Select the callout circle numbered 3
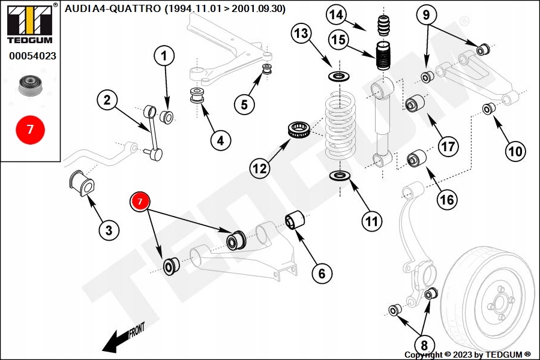tap(109, 229)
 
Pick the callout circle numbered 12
tap(259, 169)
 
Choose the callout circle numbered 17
tap(448, 145)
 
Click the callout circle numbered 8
tap(424, 345)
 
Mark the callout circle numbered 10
tap(515, 151)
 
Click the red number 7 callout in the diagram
tap(140, 202)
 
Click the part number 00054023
tap(32, 56)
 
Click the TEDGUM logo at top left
tap(29, 23)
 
